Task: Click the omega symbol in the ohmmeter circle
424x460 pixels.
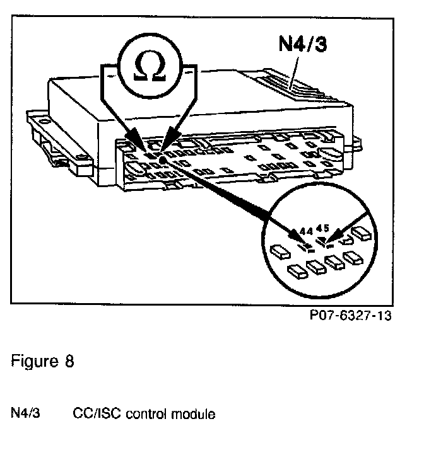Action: pos(152,66)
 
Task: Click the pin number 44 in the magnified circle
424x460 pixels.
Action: pos(307,231)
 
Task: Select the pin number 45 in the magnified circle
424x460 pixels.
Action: pos(323,227)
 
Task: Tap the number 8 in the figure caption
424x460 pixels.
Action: pos(69,363)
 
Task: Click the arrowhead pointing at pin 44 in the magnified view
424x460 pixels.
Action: pos(297,235)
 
